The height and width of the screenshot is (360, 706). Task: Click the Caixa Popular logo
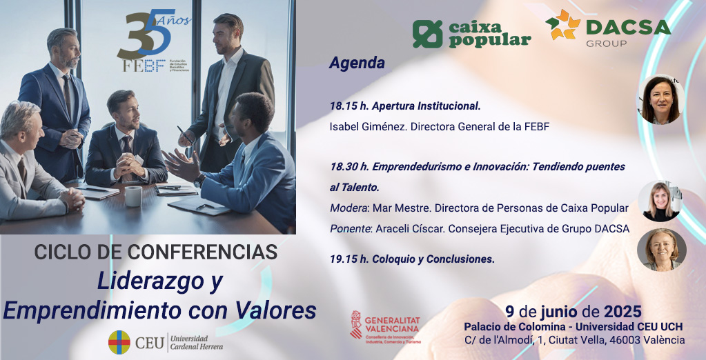(x=472, y=34)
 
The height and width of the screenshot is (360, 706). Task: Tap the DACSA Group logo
(x=608, y=28)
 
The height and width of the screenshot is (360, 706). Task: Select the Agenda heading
(x=357, y=63)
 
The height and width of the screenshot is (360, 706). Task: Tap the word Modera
(x=349, y=208)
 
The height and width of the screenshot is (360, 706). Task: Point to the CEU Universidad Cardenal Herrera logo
(x=166, y=343)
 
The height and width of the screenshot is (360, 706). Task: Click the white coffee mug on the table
(x=133, y=196)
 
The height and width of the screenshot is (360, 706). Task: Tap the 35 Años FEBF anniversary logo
(x=154, y=41)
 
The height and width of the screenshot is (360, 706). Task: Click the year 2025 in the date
(x=622, y=311)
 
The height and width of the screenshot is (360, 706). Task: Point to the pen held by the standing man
(x=184, y=134)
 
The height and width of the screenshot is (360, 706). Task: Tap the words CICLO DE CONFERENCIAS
(x=156, y=252)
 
